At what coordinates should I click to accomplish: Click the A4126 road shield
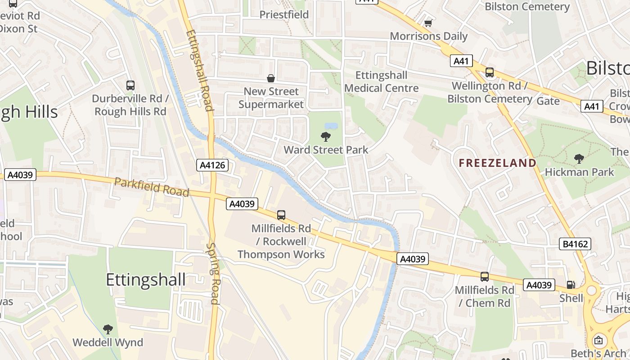[213, 165]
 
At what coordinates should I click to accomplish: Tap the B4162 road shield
[575, 244]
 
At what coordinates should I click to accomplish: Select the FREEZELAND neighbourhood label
[497, 163]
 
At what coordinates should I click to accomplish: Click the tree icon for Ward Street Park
[325, 137]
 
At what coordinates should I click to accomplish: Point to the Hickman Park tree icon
[579, 158]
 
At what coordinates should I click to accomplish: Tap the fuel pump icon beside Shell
[571, 284]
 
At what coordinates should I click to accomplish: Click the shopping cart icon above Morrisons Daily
[428, 22]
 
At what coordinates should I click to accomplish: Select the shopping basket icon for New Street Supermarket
[271, 78]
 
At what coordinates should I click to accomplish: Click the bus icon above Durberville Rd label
[130, 85]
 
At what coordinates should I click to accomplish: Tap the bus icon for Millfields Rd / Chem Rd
[484, 277]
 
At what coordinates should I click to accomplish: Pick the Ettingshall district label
[145, 280]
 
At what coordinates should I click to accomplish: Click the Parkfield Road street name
[151, 187]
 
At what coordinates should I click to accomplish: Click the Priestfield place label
[284, 14]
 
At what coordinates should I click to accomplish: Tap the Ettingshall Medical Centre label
[381, 82]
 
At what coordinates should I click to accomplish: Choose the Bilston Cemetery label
[527, 7]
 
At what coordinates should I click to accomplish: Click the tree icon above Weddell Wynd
[108, 329]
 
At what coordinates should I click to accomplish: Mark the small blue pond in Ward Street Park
[331, 126]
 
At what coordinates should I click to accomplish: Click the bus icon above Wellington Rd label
[489, 72]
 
